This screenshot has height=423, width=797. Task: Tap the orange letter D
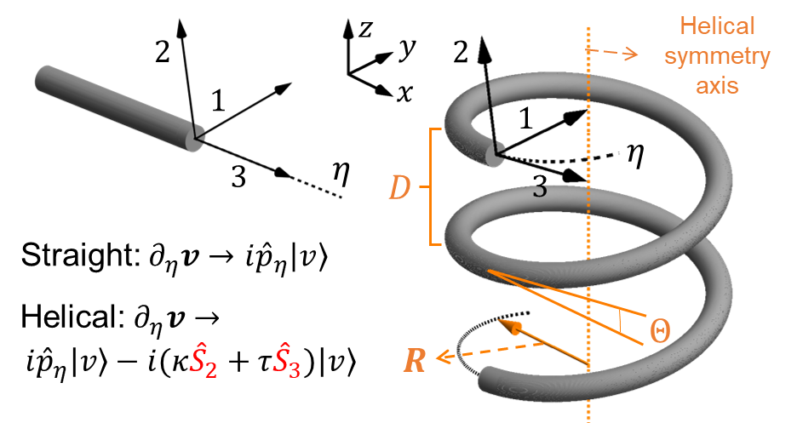[398, 188]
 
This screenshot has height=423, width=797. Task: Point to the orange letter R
[414, 361]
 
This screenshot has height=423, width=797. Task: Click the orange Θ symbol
[659, 331]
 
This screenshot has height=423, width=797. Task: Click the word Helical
[717, 26]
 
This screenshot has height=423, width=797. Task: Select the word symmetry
[717, 56]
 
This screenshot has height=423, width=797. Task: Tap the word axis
[717, 85]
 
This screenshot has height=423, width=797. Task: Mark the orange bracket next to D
[433, 186]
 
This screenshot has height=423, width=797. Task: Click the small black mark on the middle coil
[539, 190]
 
